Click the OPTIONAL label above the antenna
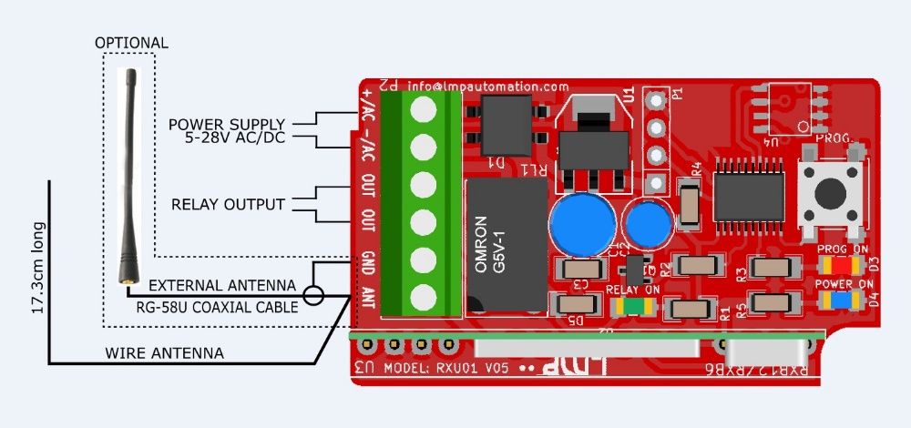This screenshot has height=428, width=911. (132, 43)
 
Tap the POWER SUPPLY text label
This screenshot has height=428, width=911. (227, 124)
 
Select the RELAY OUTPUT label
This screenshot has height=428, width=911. (228, 204)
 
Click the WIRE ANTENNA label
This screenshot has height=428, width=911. (165, 352)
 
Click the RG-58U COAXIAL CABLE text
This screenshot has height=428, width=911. (217, 308)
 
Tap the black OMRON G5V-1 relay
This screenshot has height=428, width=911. (507, 247)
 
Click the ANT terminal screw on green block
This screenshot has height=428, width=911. (422, 297)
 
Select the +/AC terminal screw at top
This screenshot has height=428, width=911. (422, 107)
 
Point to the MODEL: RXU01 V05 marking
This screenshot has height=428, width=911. (447, 369)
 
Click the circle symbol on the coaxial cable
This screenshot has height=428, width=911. (313, 295)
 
